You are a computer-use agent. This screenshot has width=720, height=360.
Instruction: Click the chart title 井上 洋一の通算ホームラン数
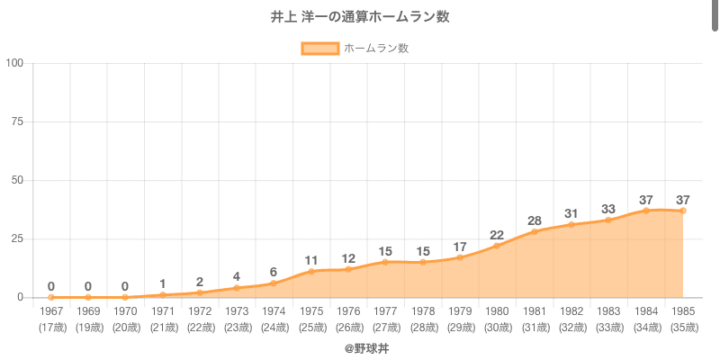click(360, 17)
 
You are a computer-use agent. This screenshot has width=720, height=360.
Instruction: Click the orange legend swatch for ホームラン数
click(320, 48)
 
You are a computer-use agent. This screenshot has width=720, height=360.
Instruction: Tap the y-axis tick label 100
click(14, 63)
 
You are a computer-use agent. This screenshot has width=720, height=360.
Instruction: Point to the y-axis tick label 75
click(17, 121)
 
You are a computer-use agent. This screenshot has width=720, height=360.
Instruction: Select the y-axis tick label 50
click(17, 180)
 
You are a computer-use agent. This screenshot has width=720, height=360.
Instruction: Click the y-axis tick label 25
click(17, 238)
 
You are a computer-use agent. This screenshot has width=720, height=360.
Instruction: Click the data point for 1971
click(163, 294)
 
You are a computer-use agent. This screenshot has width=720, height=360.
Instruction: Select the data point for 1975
click(311, 271)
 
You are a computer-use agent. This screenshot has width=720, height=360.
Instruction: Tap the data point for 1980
click(497, 246)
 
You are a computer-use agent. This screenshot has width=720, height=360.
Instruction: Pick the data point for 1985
click(683, 211)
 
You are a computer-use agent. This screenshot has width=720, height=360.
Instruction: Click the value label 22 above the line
click(497, 235)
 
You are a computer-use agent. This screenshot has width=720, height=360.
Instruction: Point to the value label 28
click(535, 220)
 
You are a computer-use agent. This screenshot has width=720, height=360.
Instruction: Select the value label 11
click(311, 260)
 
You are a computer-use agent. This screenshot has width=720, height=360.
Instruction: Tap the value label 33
click(608, 209)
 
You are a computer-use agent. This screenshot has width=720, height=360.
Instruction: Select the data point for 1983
click(608, 220)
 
